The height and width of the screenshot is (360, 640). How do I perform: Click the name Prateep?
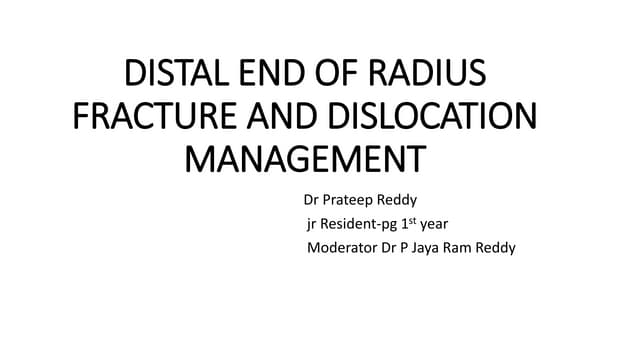point(356,199)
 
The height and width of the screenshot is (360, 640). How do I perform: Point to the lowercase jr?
point(311,223)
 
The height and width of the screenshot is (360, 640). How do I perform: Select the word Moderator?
point(341,247)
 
